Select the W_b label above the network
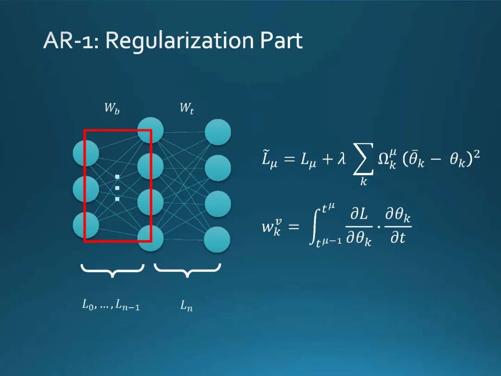pyautogui.click(x=112, y=109)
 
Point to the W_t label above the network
pyautogui.click(x=186, y=109)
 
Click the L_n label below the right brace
pyautogui.click(x=186, y=306)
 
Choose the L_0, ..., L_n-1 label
pyautogui.click(x=111, y=305)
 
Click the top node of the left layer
pyautogui.click(x=86, y=153)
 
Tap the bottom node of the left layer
pyautogui.click(x=86, y=225)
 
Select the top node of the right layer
pyautogui.click(x=218, y=132)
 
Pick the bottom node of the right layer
pyautogui.click(x=218, y=240)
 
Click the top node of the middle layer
pyautogui.click(x=151, y=130)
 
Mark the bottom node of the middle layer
pyautogui.click(x=151, y=238)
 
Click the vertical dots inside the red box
pyautogui.click(x=117, y=188)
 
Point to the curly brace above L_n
pyautogui.click(x=187, y=270)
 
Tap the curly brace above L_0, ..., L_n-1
pyautogui.click(x=112, y=270)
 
